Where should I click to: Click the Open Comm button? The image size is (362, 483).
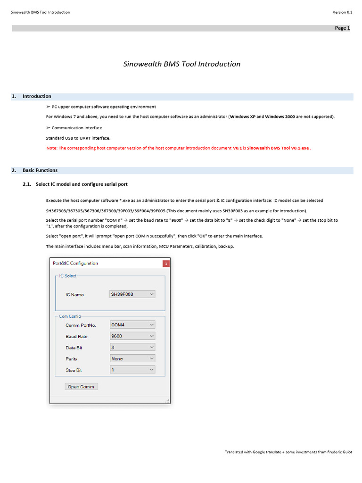(81, 387)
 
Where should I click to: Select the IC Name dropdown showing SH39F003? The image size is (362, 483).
(132, 294)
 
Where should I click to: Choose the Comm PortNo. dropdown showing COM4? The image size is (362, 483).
(132, 325)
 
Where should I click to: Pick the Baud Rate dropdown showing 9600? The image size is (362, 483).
(132, 336)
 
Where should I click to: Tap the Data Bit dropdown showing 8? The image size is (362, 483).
(132, 348)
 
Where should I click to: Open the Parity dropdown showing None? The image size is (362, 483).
(132, 358)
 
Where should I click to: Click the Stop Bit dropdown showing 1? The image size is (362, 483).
(132, 370)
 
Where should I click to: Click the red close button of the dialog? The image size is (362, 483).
(166, 264)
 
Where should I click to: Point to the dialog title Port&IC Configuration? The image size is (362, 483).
(76, 263)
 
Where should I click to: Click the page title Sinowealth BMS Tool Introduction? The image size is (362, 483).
(182, 64)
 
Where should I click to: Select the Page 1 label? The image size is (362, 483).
(342, 28)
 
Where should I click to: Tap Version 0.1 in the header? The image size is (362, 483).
(342, 12)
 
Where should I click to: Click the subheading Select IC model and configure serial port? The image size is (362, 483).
(82, 184)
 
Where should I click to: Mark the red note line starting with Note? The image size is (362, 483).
(179, 148)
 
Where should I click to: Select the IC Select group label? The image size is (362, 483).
(68, 276)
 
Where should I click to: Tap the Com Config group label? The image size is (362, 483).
(70, 316)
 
